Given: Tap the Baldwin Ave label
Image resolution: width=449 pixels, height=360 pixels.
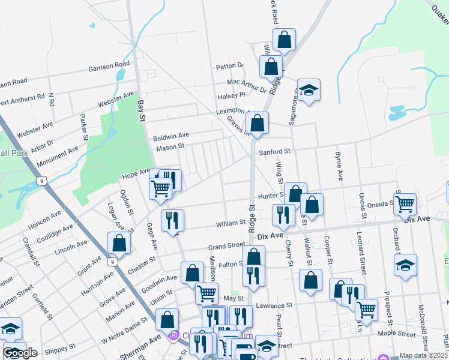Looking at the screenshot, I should coord(171,136).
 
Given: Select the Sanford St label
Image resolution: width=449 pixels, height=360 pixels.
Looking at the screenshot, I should coord(274,152).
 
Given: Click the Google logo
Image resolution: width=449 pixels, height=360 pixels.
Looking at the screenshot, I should coord(20,353).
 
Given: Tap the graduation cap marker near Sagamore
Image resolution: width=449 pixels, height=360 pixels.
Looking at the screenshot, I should coord(309,91).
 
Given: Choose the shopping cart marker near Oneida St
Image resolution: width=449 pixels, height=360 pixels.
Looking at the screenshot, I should coord(405,204).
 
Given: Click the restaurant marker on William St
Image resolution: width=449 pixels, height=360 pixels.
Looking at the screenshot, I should coord(172,220).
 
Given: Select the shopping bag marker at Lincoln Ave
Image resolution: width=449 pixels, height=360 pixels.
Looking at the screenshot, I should coord(119,243).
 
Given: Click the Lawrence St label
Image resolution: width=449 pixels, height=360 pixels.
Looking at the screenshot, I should coord(274,305).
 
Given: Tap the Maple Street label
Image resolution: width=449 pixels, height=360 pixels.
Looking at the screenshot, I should coord(397,333).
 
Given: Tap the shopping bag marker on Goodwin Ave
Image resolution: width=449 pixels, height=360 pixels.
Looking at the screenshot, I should coord(192,273).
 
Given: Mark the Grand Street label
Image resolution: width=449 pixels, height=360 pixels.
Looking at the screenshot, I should coord(226,247).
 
